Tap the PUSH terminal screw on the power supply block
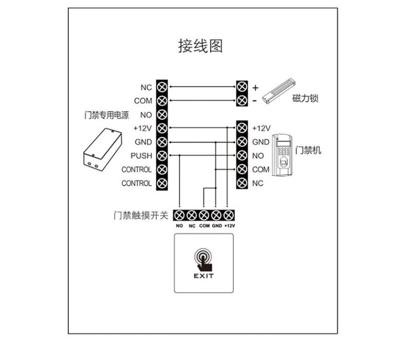click(162, 155)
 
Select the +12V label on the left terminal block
click(142, 128)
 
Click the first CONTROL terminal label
click(137, 169)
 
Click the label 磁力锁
click(305, 98)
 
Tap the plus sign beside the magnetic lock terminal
click(255, 87)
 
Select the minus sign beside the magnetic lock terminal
click(254, 101)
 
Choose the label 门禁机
click(308, 150)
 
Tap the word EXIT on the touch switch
click(203, 276)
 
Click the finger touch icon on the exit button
click(203, 259)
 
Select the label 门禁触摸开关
click(141, 215)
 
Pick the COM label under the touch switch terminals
click(204, 226)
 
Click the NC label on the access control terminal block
click(258, 183)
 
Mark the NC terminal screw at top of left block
click(162, 87)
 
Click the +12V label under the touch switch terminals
click(229, 226)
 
